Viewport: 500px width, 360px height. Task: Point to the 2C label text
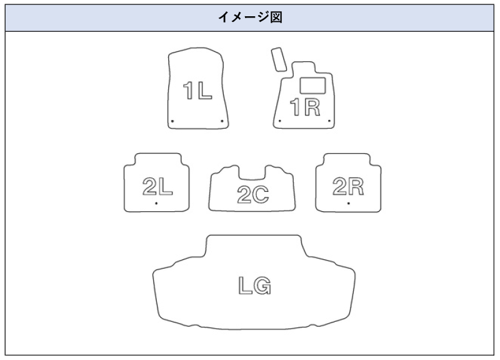pos(252,196)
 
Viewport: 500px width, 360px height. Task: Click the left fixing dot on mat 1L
pos(172,121)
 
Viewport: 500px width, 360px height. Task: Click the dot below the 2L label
pos(156,203)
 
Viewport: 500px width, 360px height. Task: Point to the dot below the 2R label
pos(348,203)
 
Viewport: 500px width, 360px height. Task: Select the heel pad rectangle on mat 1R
pos(312,84)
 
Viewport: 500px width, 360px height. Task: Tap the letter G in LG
pos(262,286)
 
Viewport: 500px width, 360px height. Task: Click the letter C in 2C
pos(261,196)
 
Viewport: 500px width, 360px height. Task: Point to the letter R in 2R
pos(356,186)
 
